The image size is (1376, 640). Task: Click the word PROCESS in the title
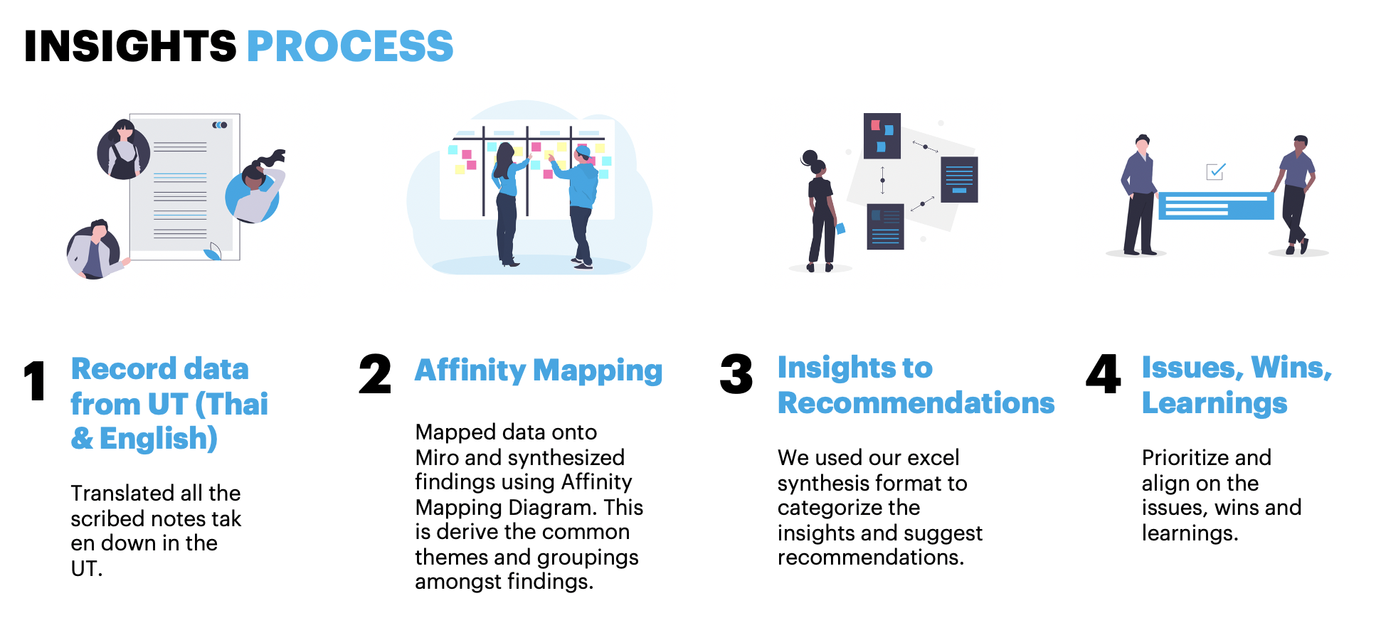coord(350,46)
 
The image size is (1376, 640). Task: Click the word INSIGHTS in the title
coord(130,46)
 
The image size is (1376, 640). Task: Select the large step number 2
coord(375,374)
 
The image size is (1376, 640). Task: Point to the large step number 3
coord(736,374)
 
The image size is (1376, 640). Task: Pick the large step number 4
coord(1104,374)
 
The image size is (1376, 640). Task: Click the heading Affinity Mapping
coord(539,370)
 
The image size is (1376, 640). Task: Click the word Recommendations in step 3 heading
coord(916,403)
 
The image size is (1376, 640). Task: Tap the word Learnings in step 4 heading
coord(1214,404)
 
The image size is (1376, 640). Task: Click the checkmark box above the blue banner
coord(1216,171)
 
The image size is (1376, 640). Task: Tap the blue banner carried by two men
coord(1216,206)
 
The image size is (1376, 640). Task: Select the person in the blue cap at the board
coord(581,206)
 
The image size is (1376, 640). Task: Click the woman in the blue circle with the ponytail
coord(255,188)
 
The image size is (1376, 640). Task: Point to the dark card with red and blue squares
coord(882,135)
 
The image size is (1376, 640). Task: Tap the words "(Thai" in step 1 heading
coord(232,405)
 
